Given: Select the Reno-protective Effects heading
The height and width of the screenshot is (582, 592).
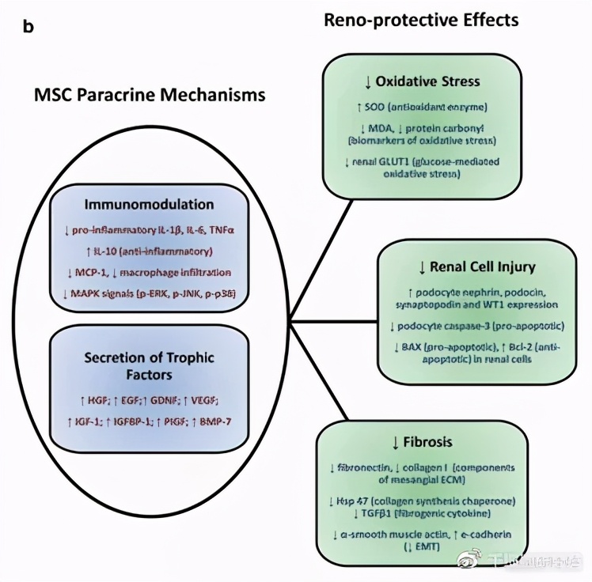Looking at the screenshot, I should (x=421, y=20).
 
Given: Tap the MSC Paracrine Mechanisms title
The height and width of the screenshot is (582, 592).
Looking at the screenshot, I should (x=150, y=95).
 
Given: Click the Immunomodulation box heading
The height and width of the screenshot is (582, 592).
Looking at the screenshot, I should (x=150, y=204).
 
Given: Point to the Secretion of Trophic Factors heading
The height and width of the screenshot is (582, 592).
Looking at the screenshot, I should (x=150, y=365).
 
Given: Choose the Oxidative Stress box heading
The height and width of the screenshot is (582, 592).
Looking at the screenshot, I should (x=422, y=81).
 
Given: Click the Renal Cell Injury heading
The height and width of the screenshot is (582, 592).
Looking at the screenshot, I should (x=476, y=266).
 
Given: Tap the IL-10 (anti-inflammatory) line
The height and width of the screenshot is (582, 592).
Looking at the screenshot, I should (x=150, y=251).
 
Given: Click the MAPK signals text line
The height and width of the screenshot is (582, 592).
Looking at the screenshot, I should (x=150, y=294).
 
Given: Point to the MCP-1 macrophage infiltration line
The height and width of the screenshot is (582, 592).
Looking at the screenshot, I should (x=150, y=273).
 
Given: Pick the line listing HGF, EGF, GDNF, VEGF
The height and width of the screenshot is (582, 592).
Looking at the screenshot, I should (x=150, y=401).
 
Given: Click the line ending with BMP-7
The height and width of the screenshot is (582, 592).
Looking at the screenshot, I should (x=150, y=421).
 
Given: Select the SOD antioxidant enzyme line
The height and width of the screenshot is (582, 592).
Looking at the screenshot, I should (x=422, y=107).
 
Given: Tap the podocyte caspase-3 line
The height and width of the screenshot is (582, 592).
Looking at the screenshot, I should (x=476, y=326).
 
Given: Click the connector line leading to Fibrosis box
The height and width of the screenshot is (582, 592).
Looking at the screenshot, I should (x=321, y=372).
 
